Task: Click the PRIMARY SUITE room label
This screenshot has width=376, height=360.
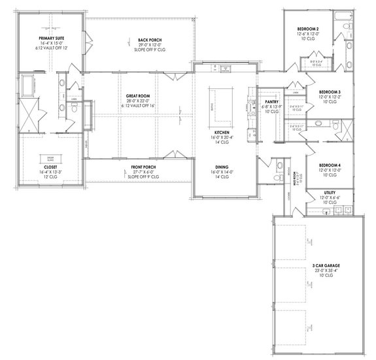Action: coord(49,39)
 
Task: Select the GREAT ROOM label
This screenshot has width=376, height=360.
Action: coord(139,97)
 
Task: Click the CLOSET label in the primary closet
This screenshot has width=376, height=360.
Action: coord(50,167)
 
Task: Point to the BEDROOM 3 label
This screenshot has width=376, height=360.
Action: coord(330,92)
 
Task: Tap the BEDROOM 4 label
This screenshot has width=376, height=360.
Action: coord(330,165)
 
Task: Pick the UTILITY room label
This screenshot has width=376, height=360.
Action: coord(330,193)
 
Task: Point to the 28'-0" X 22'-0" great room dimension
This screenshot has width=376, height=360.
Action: coord(139,102)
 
